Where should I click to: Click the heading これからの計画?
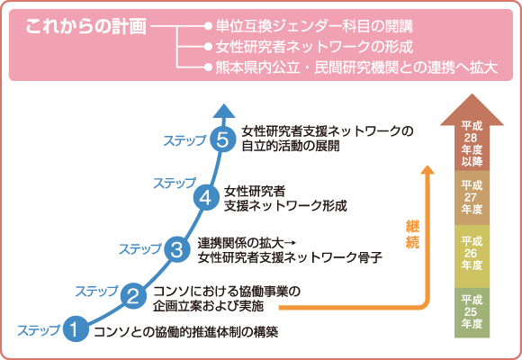[85, 25]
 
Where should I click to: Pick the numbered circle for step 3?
[177, 249]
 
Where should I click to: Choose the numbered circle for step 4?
[206, 196]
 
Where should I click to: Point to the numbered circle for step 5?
[223, 139]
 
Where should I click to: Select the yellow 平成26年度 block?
[472, 252]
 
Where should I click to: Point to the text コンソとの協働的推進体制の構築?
[185, 330]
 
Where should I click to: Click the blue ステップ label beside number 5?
[184, 139]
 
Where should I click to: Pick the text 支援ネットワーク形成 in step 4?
[284, 204]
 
